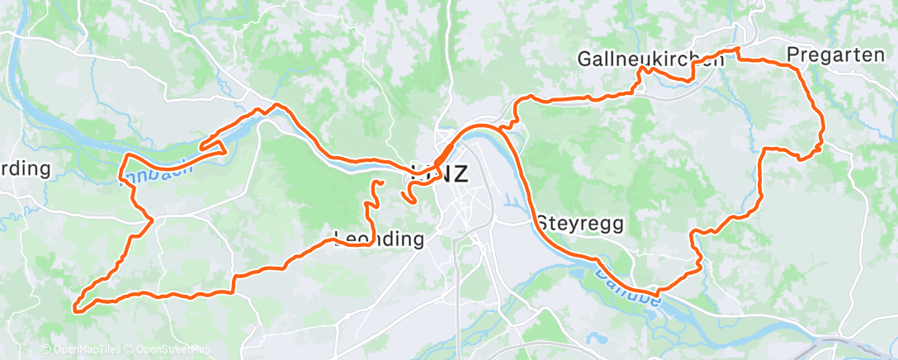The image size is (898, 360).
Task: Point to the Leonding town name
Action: pyautogui.click(x=380, y=240)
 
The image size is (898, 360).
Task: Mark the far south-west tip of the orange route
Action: pyautogui.click(x=75, y=310)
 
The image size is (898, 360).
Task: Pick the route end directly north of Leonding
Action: pyautogui.click(x=380, y=181)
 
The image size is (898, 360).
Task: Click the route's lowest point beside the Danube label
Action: pyautogui.click(x=656, y=294)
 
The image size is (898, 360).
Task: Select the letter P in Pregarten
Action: pyautogui.click(x=793, y=54)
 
